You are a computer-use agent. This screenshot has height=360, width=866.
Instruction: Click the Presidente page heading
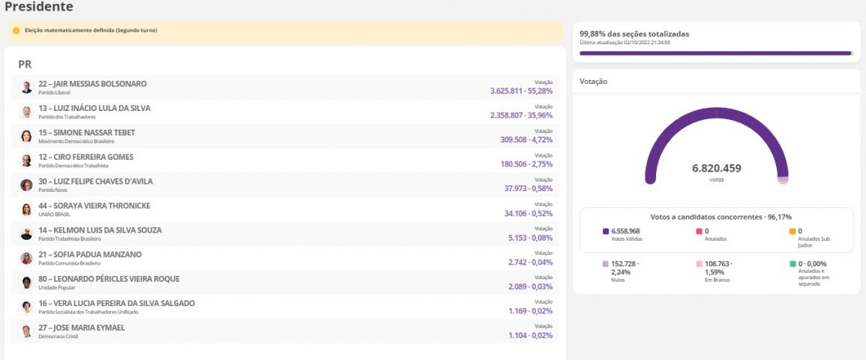point(39,7)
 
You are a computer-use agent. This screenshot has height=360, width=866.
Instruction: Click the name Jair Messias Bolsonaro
point(92,84)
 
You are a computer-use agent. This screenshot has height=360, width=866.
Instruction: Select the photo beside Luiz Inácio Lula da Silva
point(26,112)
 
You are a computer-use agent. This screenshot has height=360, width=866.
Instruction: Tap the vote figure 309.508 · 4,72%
point(526,139)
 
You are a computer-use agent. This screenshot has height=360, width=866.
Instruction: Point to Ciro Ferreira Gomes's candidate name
point(85,157)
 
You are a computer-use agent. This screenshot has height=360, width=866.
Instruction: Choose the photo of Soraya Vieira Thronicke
point(26,209)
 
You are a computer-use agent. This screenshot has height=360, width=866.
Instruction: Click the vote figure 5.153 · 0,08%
point(530,237)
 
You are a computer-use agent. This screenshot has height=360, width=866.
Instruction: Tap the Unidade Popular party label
point(56,287)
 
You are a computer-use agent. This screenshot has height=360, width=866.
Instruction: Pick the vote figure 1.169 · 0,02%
point(530,310)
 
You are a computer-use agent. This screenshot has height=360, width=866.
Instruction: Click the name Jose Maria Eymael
point(82,328)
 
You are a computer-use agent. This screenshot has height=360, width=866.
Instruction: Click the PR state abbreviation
point(25,64)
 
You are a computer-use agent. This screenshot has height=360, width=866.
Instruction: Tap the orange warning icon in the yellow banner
point(16,31)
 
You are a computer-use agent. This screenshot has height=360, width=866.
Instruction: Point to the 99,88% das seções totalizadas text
point(634,34)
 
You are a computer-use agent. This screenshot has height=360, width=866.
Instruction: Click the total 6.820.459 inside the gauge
point(716,168)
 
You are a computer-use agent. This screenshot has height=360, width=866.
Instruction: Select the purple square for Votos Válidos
point(606,232)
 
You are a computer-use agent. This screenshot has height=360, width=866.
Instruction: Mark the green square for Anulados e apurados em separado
point(793,264)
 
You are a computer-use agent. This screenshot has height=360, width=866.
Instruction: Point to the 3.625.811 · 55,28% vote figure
point(521,91)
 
